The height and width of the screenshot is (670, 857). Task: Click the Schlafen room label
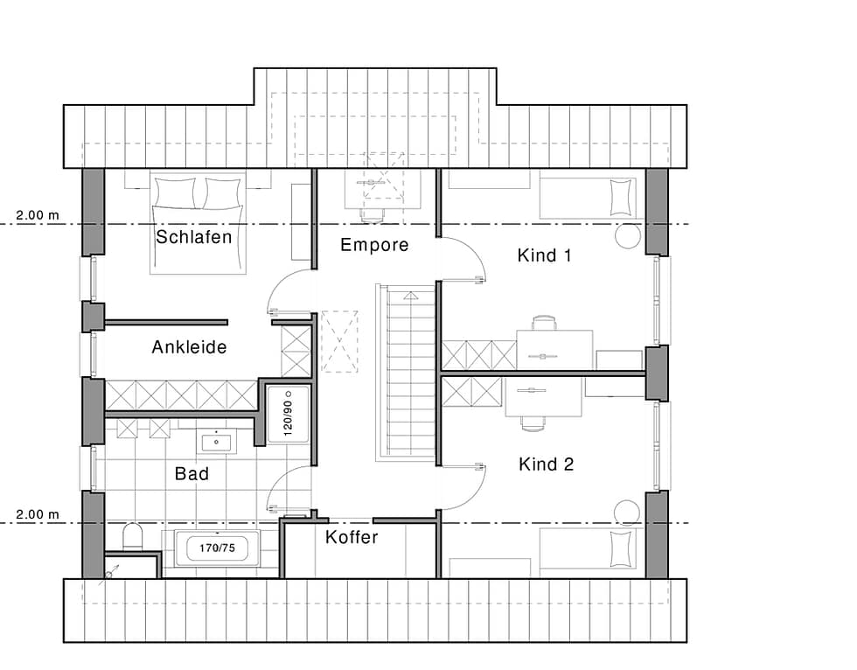pos(194,237)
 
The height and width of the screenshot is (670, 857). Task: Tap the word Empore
pos(374,245)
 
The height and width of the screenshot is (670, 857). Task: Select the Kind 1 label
pos(544,255)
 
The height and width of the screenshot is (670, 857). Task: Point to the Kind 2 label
pos(546,464)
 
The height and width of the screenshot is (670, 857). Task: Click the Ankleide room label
pos(189,347)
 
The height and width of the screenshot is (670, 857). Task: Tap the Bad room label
pos(192,473)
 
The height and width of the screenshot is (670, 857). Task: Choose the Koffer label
pos(352,537)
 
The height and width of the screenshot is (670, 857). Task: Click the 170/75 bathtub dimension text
pos(217,548)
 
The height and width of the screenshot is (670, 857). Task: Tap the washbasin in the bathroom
pos(217,442)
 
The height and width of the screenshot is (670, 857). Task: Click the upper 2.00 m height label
pos(37,215)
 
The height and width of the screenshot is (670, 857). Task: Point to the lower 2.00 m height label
pos(37,514)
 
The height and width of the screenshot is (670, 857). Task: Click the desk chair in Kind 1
pos(544,323)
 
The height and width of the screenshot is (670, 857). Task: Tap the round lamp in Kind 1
pos(628,236)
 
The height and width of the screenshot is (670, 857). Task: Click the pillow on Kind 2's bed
pos(620,548)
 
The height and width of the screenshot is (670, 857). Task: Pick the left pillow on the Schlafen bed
pos(175,193)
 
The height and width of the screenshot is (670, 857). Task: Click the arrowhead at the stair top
pos(410,297)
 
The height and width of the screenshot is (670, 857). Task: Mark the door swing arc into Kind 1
pos(474,249)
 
